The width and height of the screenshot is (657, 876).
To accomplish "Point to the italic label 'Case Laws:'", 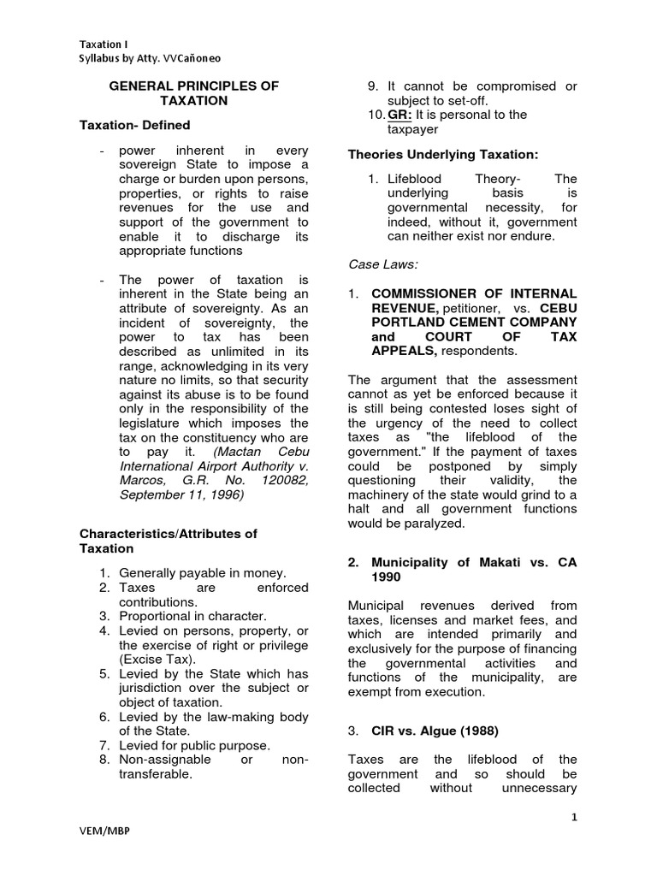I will point(382,264).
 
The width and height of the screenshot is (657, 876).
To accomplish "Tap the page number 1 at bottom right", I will point(576,818).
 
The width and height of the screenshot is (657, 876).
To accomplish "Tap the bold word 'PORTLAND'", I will point(405,322).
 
